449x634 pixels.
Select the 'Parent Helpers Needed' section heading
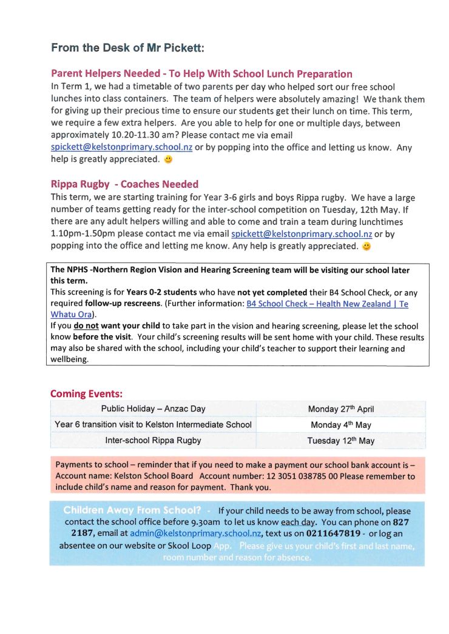[201, 74]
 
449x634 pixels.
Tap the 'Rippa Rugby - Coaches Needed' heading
[124, 184]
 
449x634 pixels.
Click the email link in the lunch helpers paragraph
[121, 147]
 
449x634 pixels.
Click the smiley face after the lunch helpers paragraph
[169, 160]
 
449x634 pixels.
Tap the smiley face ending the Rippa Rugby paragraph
[366, 247]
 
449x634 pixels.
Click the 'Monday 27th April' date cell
[340, 409]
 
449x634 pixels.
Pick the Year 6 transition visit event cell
[153, 424]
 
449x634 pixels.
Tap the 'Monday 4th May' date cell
[340, 425]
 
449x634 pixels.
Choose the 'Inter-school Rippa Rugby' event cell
[153, 440]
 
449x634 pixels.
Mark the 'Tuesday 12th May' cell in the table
[340, 441]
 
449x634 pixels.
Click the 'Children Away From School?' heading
[132, 510]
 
